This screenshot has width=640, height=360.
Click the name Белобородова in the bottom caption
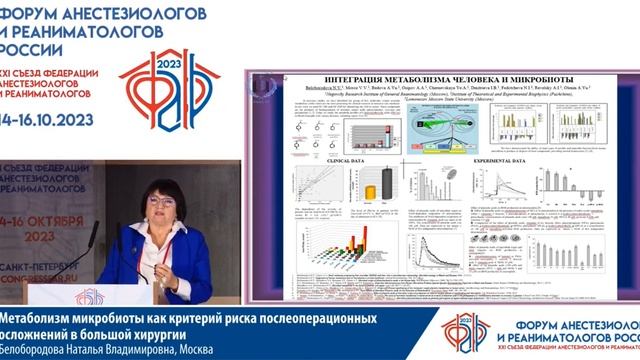pyautogui.click(x=40, y=350)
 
